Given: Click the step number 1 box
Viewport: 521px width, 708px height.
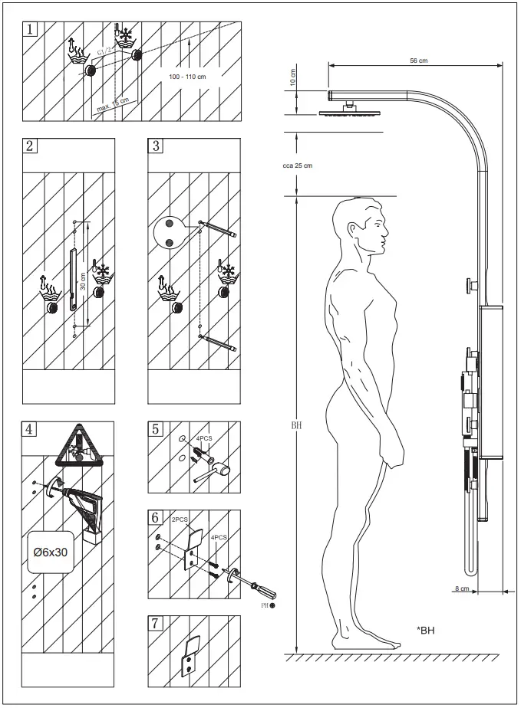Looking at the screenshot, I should point(30,30).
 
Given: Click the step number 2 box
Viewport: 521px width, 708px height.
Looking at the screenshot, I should point(30,146).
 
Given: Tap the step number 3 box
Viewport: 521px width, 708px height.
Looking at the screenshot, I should point(155,146).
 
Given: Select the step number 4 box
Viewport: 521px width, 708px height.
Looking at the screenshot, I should point(30,428).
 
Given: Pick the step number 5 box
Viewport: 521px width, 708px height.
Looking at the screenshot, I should point(155,428).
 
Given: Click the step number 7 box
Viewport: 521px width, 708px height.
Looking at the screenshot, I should point(155,622).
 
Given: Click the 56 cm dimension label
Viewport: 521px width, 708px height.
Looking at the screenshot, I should point(417,60).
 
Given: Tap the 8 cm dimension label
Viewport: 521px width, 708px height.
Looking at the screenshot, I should point(460,588).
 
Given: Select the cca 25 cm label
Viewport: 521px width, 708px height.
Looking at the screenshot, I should point(298,166).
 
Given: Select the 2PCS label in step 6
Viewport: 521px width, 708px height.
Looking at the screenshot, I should point(180,520).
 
